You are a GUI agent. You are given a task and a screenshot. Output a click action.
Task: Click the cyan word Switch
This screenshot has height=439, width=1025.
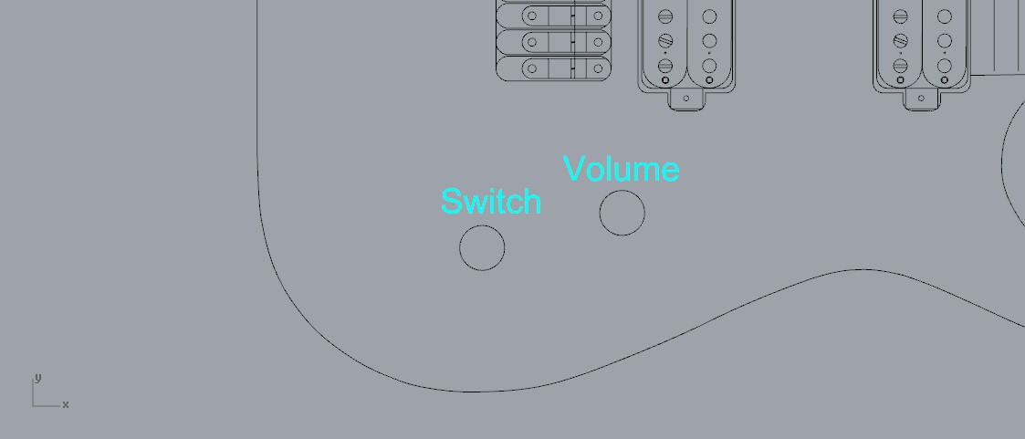click(490, 202)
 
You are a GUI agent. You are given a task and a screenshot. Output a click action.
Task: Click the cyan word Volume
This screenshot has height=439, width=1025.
click(621, 169)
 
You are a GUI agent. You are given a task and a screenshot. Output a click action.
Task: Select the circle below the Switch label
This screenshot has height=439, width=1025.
click(482, 247)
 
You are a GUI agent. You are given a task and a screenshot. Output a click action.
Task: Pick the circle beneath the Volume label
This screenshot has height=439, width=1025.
click(622, 213)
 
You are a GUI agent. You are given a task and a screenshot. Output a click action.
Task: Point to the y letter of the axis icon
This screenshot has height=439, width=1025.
click(37, 377)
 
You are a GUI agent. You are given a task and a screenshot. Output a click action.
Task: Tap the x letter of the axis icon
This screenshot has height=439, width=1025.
click(66, 404)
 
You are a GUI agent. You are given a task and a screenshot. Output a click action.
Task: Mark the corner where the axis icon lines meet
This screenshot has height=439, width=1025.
click(34, 404)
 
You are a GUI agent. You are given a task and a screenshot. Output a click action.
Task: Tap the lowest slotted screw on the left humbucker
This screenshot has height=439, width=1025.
click(665, 65)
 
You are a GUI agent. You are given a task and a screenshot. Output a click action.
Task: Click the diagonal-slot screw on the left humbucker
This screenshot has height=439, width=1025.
click(665, 41)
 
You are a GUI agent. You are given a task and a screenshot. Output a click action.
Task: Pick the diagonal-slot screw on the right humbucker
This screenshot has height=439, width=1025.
click(901, 41)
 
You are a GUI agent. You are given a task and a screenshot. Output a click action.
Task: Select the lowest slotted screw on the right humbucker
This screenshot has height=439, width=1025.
click(901, 65)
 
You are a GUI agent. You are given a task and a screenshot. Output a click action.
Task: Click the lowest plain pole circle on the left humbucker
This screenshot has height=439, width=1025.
click(709, 65)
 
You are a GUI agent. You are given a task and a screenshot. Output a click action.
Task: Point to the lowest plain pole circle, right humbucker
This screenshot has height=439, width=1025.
click(945, 65)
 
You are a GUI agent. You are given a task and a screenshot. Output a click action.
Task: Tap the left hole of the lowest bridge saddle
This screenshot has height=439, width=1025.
click(532, 68)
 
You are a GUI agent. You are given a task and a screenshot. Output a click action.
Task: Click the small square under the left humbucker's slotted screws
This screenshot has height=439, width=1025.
click(665, 80)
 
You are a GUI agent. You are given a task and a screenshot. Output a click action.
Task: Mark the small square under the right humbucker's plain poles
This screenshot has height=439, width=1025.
click(945, 80)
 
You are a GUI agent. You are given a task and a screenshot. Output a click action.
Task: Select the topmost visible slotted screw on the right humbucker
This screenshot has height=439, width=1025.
click(901, 16)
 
